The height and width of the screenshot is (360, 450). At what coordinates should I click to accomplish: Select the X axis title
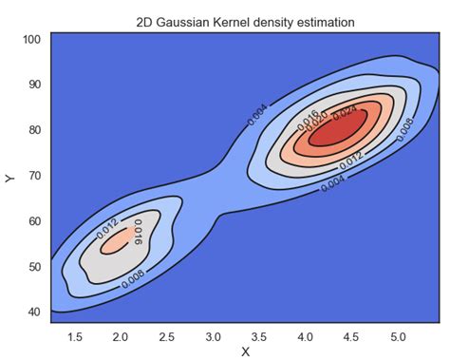tap(245, 351)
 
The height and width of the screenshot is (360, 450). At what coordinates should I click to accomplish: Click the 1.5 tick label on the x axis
tap(76, 334)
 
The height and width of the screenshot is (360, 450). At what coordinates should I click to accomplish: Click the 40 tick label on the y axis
tap(32, 312)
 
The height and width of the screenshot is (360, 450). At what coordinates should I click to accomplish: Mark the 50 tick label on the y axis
tap(32, 266)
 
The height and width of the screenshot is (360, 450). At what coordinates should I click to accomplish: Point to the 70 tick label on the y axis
tap(32, 176)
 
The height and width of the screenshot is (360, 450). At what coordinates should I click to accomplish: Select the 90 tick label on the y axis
tap(32, 85)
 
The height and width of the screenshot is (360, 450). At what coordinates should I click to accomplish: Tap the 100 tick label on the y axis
tap(29, 40)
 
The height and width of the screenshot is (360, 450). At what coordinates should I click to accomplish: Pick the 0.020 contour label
tap(325, 117)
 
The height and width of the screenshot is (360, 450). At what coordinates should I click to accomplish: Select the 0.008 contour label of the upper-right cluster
tap(404, 128)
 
